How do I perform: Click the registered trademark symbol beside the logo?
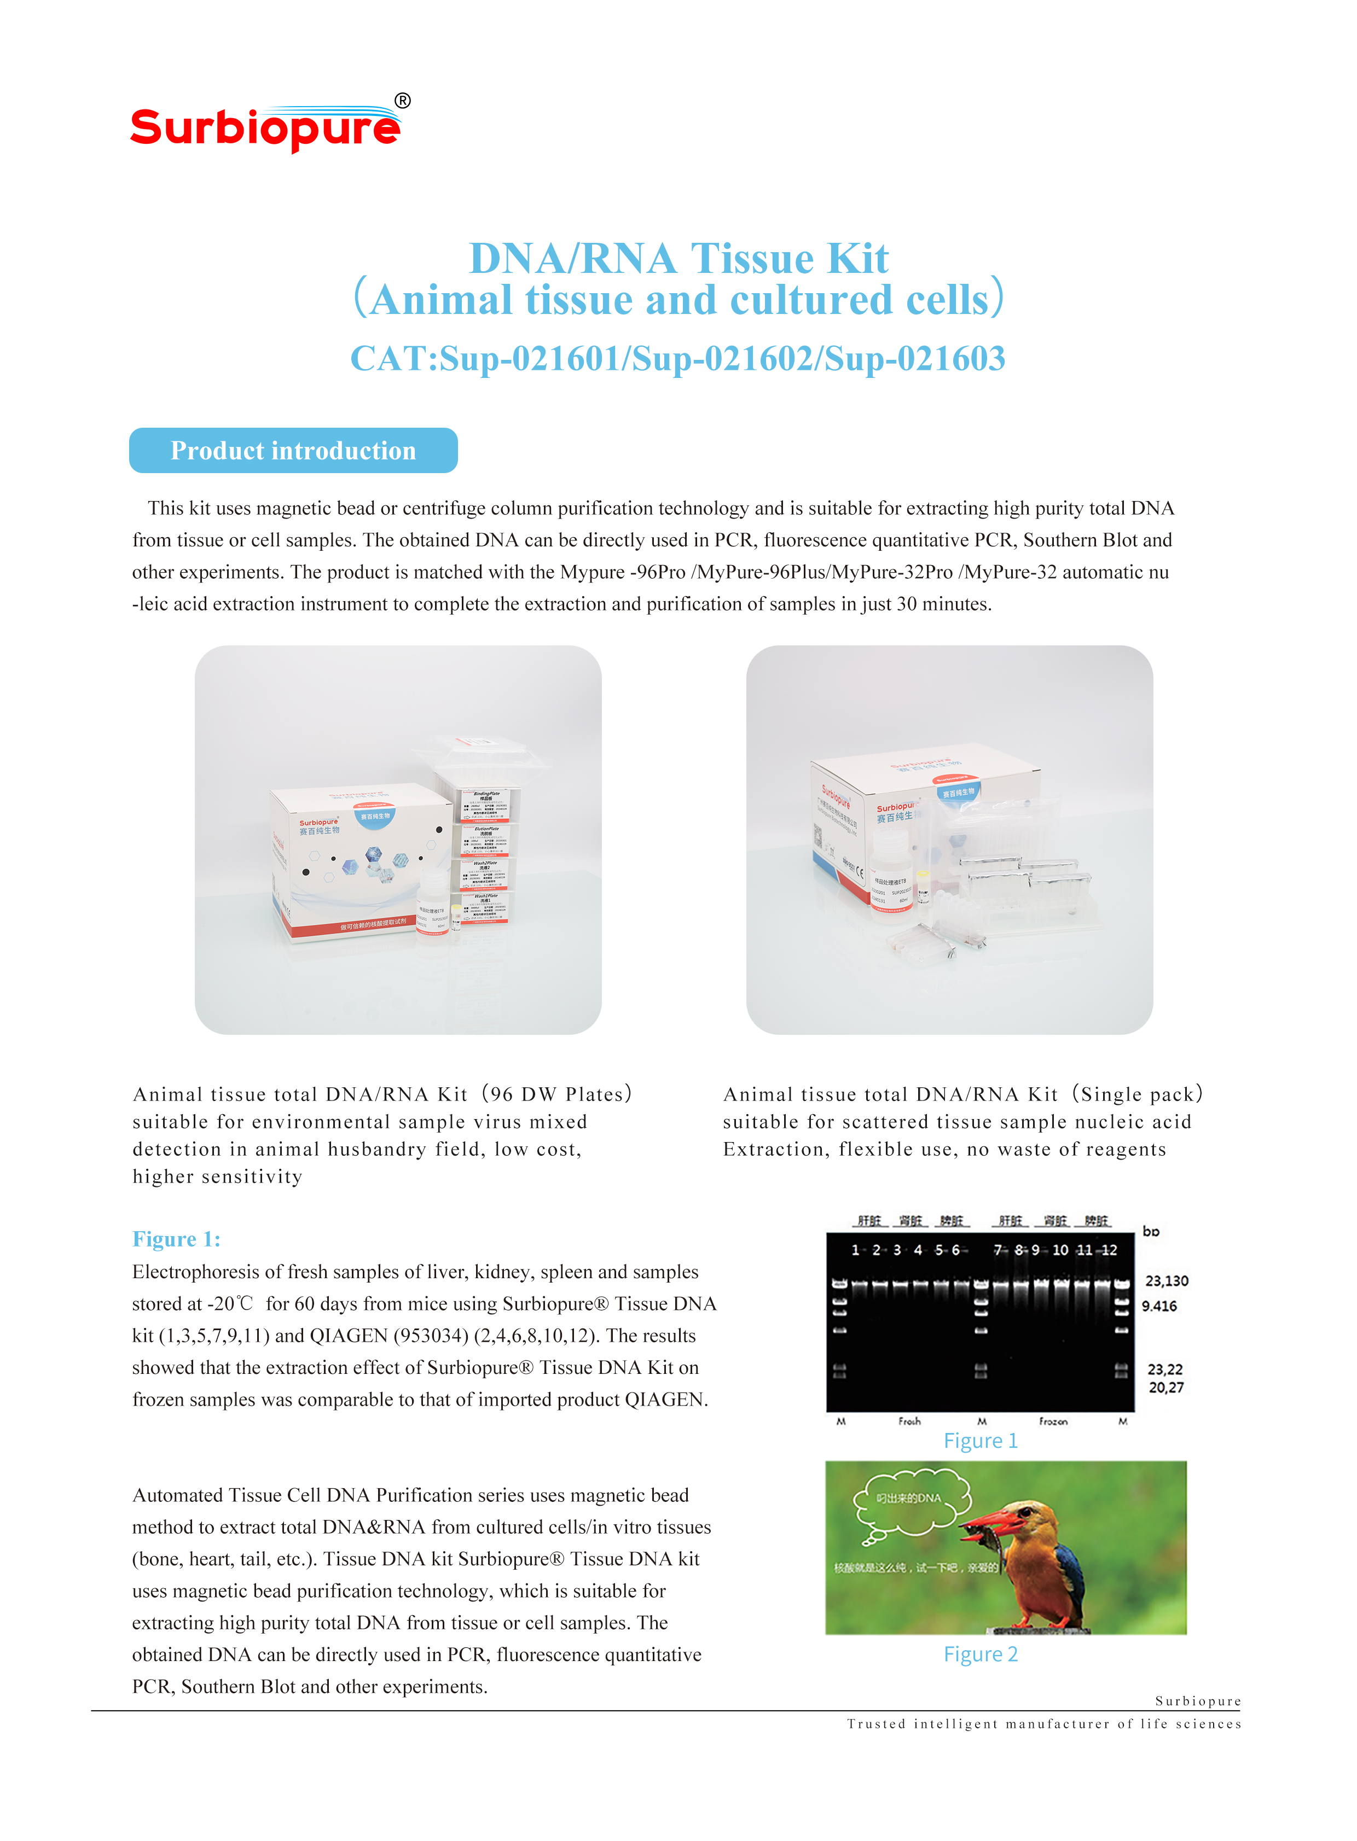[x=403, y=101]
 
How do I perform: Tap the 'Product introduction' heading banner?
[x=293, y=451]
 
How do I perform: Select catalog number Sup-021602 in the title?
[x=723, y=359]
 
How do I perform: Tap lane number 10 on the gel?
[x=1060, y=1250]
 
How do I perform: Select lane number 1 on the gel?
[x=855, y=1250]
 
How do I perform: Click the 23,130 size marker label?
[x=1167, y=1281]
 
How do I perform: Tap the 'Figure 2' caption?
[x=980, y=1654]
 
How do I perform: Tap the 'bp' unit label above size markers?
[x=1151, y=1232]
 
